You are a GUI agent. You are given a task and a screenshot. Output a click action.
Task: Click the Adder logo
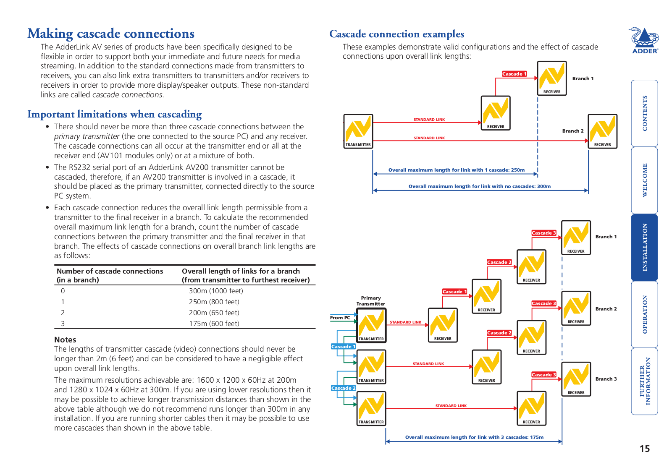[645, 40]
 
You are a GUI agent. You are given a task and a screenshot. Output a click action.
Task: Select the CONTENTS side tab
[644, 113]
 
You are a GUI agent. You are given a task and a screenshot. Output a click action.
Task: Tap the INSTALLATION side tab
[644, 247]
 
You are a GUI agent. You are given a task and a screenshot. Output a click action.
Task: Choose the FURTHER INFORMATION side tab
[644, 381]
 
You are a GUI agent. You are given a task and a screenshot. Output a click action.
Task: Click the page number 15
[644, 449]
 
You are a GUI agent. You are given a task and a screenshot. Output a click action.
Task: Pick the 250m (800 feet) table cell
[214, 302]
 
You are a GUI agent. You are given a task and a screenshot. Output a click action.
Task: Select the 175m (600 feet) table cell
[214, 324]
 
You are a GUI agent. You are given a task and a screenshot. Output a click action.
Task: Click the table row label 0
[63, 291]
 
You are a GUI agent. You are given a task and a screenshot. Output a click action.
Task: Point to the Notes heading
[65, 339]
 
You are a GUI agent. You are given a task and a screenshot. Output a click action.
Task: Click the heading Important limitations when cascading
[115, 114]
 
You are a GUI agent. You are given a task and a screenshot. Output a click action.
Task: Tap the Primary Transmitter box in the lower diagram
[371, 325]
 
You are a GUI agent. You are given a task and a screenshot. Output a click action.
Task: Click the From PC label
[340, 318]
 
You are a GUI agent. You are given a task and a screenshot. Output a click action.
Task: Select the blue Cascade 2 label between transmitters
[343, 388]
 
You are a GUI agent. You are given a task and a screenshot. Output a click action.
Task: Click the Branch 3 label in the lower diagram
[606, 379]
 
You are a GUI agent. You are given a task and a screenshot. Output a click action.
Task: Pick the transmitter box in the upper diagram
[358, 131]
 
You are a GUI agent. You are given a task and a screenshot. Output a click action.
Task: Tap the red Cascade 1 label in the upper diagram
[514, 74]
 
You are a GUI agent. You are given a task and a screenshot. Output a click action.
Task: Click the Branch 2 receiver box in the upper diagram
[602, 131]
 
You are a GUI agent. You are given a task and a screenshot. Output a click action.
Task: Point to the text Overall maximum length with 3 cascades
[474, 437]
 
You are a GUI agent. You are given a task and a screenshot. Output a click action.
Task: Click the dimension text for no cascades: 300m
[479, 186]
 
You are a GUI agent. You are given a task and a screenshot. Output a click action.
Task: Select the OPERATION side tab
[644, 314]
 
